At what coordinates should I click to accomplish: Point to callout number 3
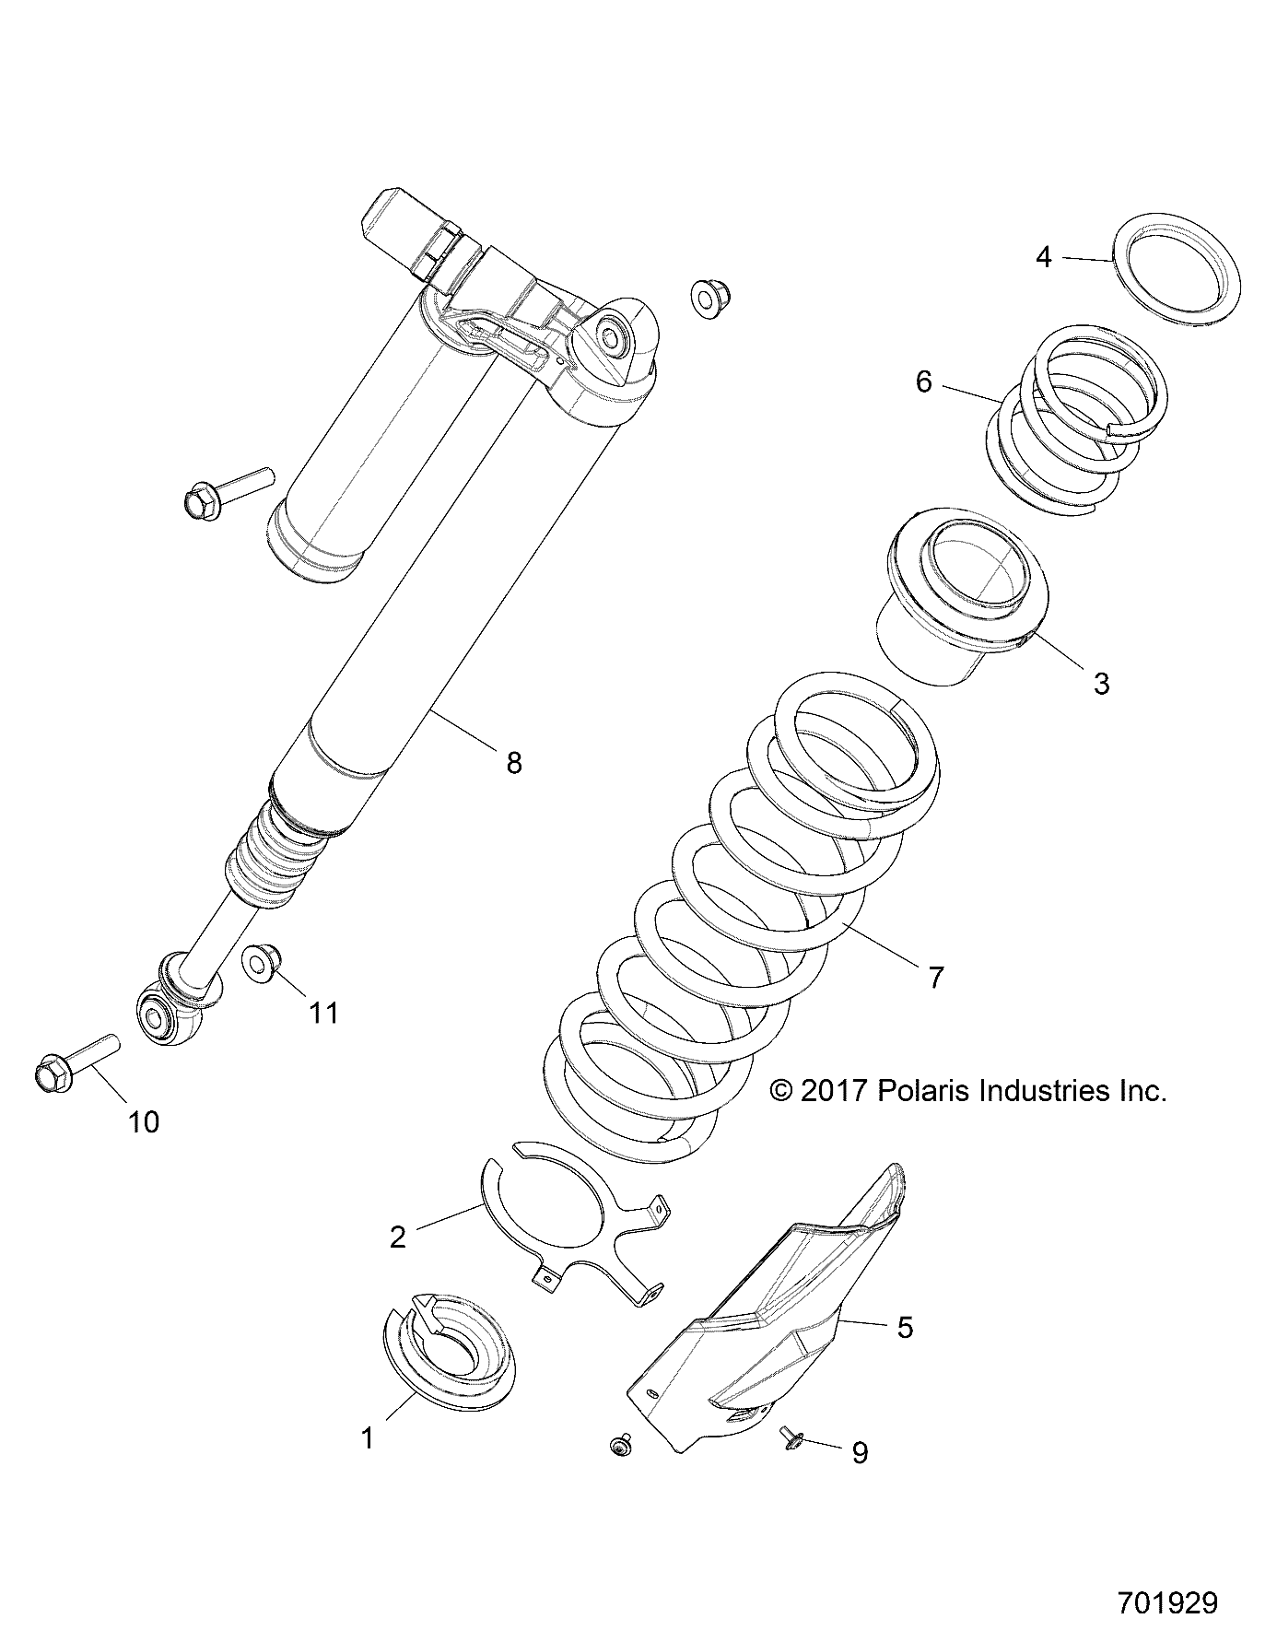(1101, 684)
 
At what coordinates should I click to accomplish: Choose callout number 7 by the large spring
(936, 977)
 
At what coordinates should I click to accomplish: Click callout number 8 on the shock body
(513, 762)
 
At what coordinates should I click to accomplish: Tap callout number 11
(323, 1014)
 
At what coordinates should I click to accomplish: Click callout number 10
(145, 1121)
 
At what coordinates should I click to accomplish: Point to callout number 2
(397, 1237)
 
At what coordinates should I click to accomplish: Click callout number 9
(859, 1453)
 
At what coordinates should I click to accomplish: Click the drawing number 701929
(1167, 1602)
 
